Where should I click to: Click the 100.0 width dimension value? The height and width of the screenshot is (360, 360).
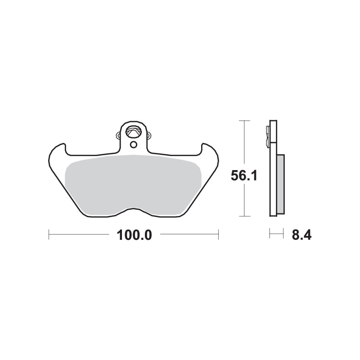[133, 234]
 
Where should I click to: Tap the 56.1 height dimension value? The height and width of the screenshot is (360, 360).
[244, 176]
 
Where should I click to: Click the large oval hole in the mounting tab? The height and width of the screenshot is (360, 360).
[134, 132]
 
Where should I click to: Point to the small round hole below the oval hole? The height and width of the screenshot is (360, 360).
[133, 144]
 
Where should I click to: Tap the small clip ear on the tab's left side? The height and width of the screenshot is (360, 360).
[118, 135]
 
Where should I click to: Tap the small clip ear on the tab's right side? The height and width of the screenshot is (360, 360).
[149, 134]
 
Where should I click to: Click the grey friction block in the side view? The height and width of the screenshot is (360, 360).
[280, 183]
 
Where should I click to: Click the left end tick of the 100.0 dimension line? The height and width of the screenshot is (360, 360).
[49, 234]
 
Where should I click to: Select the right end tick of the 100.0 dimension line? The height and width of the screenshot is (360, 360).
[218, 234]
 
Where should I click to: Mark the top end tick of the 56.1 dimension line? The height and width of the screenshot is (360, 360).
[244, 121]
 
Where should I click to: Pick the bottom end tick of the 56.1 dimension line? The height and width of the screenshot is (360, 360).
[244, 216]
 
